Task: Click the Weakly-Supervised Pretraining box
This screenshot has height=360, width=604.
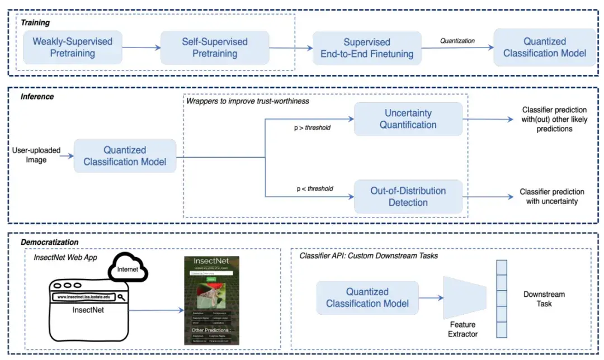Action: pos(73,48)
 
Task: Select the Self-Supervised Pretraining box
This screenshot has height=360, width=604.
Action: pos(215,48)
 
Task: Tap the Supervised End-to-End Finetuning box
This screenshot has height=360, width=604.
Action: pos(367,48)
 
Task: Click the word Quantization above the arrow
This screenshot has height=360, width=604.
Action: pos(457,40)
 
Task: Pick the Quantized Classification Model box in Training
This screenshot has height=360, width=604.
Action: pos(545,48)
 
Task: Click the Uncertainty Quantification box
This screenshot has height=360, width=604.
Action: pos(408,119)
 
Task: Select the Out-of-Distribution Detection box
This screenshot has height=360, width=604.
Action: pos(408,197)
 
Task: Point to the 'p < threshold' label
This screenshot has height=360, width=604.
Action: pos(314,188)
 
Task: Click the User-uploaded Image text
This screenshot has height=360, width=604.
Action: pos(36,155)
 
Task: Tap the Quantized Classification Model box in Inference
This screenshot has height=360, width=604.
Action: pos(125,156)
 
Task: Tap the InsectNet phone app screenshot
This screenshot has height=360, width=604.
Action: pos(211,300)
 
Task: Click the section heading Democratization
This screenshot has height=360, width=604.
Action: pos(49,242)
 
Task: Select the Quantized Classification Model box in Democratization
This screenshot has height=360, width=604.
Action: pos(367,298)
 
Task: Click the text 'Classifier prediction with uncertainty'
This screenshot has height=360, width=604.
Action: pos(551,196)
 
